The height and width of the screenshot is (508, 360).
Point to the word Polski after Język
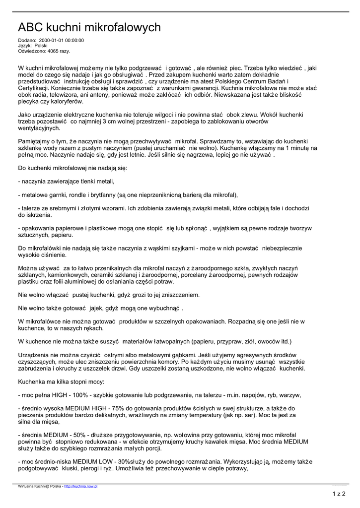point(41,46)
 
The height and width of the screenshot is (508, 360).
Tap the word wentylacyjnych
point(39,128)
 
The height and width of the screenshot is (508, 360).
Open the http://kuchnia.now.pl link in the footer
point(80,487)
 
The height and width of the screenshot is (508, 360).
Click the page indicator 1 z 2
point(338,494)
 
